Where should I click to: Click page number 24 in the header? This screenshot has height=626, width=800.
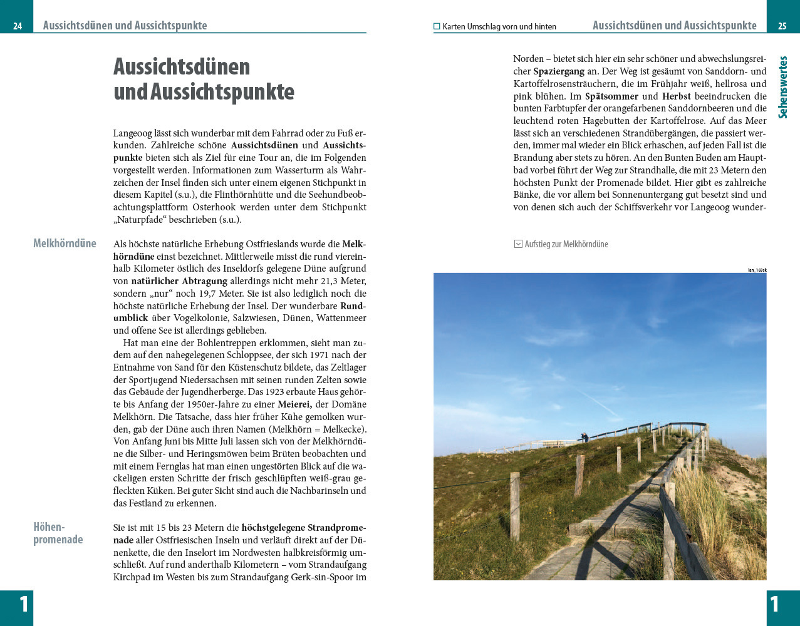[18, 26]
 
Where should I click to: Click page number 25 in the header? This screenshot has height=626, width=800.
[782, 26]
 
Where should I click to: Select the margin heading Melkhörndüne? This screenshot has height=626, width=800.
[65, 244]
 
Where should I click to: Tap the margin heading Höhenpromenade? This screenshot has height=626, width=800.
[58, 533]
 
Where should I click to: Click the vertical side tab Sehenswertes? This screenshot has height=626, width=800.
[782, 88]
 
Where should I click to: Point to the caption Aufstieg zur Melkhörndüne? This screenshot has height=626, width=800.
[566, 244]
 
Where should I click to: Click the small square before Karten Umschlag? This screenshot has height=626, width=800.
[437, 27]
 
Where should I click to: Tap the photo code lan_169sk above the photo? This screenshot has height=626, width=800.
[757, 270]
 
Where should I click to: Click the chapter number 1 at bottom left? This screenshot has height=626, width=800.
[23, 604]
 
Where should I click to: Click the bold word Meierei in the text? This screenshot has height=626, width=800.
[295, 404]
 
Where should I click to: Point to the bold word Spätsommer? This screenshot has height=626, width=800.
[611, 96]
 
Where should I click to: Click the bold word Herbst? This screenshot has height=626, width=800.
[677, 96]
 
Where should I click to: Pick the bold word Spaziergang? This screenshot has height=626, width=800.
[558, 72]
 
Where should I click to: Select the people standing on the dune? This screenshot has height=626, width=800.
[584, 437]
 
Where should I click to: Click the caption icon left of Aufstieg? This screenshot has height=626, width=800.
[518, 244]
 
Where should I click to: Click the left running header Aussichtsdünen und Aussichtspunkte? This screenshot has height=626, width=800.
[125, 26]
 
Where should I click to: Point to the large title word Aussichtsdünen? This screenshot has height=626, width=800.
[182, 66]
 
